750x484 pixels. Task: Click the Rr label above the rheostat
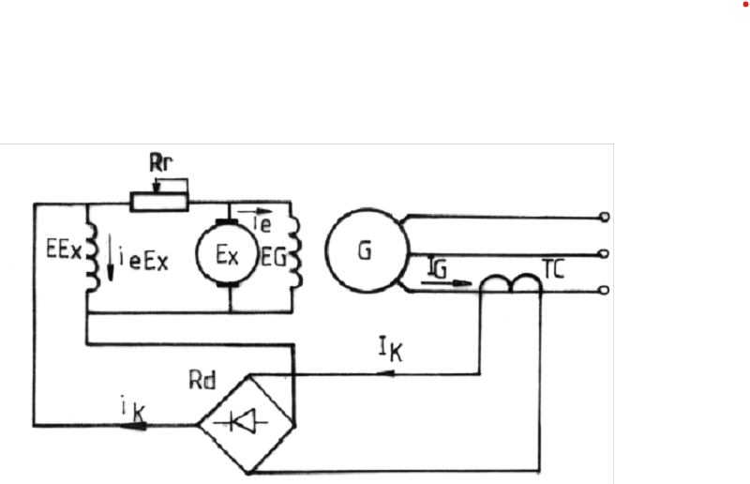(x=160, y=163)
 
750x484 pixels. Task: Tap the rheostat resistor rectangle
(x=159, y=202)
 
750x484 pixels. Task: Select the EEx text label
(x=64, y=249)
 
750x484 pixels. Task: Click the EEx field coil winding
(x=91, y=257)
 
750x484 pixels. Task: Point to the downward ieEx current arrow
(x=111, y=257)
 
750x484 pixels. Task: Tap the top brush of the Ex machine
(x=227, y=221)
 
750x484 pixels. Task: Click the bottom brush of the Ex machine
(x=228, y=285)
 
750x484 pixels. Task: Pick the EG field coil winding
(x=295, y=252)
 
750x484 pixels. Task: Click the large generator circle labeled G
(x=367, y=250)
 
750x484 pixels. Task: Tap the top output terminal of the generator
(x=605, y=217)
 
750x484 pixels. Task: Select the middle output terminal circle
(x=604, y=254)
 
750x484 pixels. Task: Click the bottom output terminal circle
(x=604, y=290)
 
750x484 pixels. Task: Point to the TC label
(x=553, y=269)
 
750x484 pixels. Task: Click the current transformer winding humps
(x=511, y=282)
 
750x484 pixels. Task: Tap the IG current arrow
(x=446, y=283)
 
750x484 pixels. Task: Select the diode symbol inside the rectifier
(x=242, y=422)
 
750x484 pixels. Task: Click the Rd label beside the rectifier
(x=202, y=381)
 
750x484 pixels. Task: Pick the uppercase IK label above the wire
(x=391, y=349)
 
